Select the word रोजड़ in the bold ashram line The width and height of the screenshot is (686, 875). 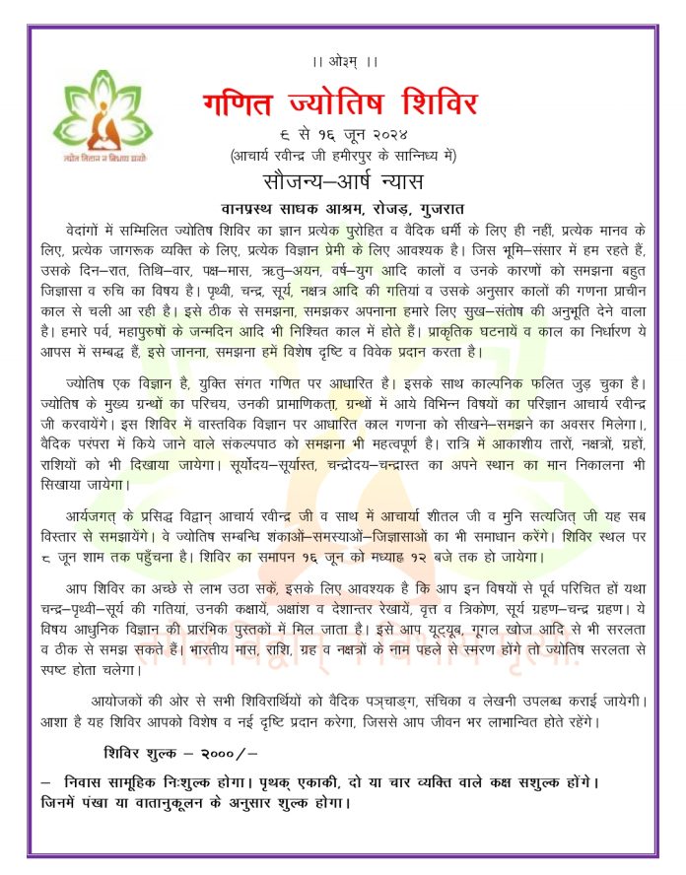(376, 207)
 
